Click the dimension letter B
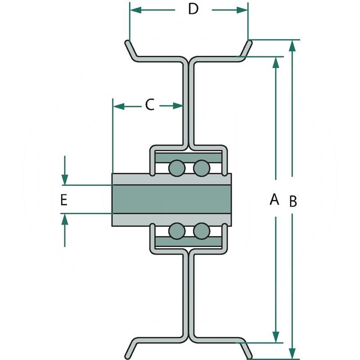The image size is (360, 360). [x=293, y=202]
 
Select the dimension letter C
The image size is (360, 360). [x=150, y=105]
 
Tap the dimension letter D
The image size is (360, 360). [x=193, y=9]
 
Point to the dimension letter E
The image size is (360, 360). [x=64, y=200]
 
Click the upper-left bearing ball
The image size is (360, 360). [x=176, y=168]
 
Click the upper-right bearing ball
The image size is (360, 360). [x=201, y=168]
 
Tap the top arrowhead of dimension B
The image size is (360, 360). [x=293, y=45]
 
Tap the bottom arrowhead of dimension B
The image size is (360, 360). [x=293, y=353]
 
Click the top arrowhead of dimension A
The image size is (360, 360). [x=275, y=62]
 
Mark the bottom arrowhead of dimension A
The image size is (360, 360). [x=275, y=337]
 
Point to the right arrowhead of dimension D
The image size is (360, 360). [x=243, y=9]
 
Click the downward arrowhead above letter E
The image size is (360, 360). [x=66, y=180]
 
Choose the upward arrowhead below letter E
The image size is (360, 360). [x=66, y=219]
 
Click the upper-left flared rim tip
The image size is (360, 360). [x=127, y=44]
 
